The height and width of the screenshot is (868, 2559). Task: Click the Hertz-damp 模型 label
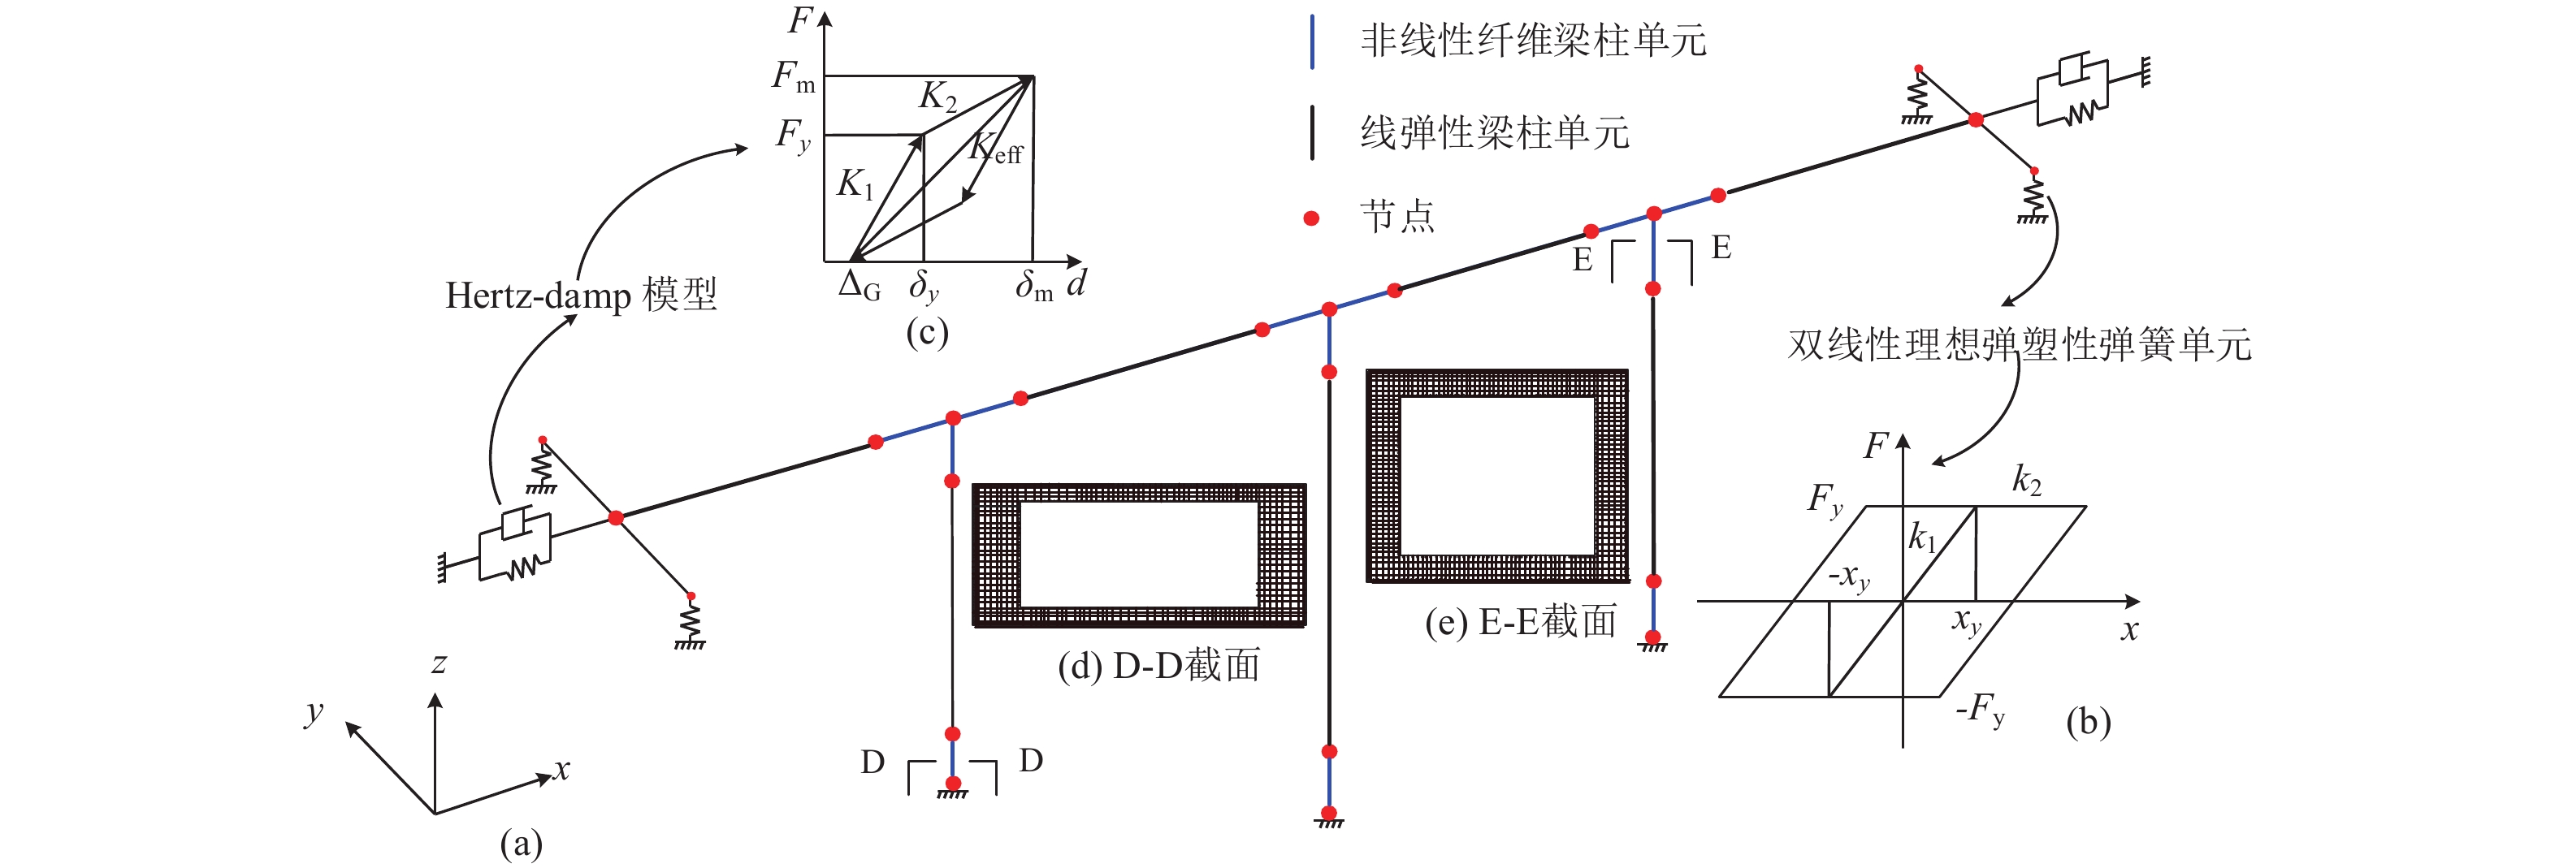coord(581,295)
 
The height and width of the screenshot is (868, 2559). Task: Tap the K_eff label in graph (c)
coord(995,148)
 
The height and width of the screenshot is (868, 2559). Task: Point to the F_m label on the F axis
coord(794,76)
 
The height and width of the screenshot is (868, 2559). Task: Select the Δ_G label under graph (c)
coord(859,286)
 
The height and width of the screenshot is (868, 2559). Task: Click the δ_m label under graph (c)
coord(1034,286)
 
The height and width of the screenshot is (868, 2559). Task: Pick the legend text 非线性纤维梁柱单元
coord(1533,41)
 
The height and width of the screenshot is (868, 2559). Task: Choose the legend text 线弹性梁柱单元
coord(1495,132)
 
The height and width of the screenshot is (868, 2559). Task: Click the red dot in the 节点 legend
coord(1311,218)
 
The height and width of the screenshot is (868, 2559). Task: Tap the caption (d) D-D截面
coord(1158,665)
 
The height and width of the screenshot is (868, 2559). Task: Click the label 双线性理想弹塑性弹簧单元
coord(2020,343)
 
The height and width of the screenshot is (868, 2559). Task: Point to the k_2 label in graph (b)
coord(2027,480)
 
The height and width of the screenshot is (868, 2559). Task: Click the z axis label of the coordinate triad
coord(439,663)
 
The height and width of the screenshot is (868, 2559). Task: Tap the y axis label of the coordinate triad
coord(314,712)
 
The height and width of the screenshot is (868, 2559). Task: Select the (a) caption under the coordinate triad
coord(521,844)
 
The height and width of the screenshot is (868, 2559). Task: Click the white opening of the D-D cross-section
coord(1138,554)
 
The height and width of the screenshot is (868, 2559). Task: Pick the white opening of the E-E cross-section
coord(1497,476)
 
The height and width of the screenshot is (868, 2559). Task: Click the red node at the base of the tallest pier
coord(1329,814)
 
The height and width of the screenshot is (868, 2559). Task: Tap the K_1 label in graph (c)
coord(855,184)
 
